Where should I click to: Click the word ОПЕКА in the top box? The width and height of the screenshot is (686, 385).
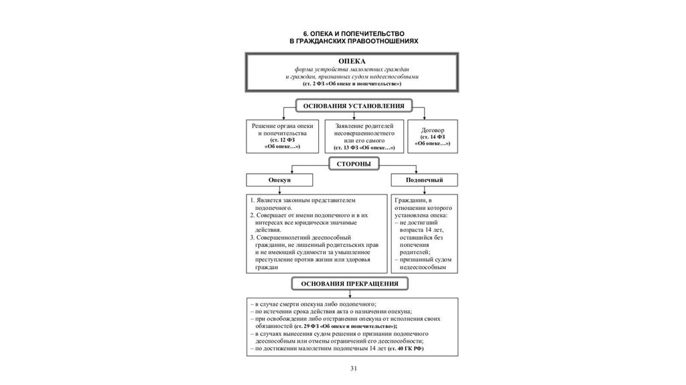click(352, 62)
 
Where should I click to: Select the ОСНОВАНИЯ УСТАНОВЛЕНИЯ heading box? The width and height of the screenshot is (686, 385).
click(353, 106)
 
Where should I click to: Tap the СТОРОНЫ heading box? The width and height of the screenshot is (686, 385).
click(352, 163)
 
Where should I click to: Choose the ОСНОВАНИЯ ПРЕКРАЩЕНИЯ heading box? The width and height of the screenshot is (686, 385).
click(354, 284)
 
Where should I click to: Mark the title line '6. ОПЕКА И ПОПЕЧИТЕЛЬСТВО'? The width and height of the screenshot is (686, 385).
click(353, 32)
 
